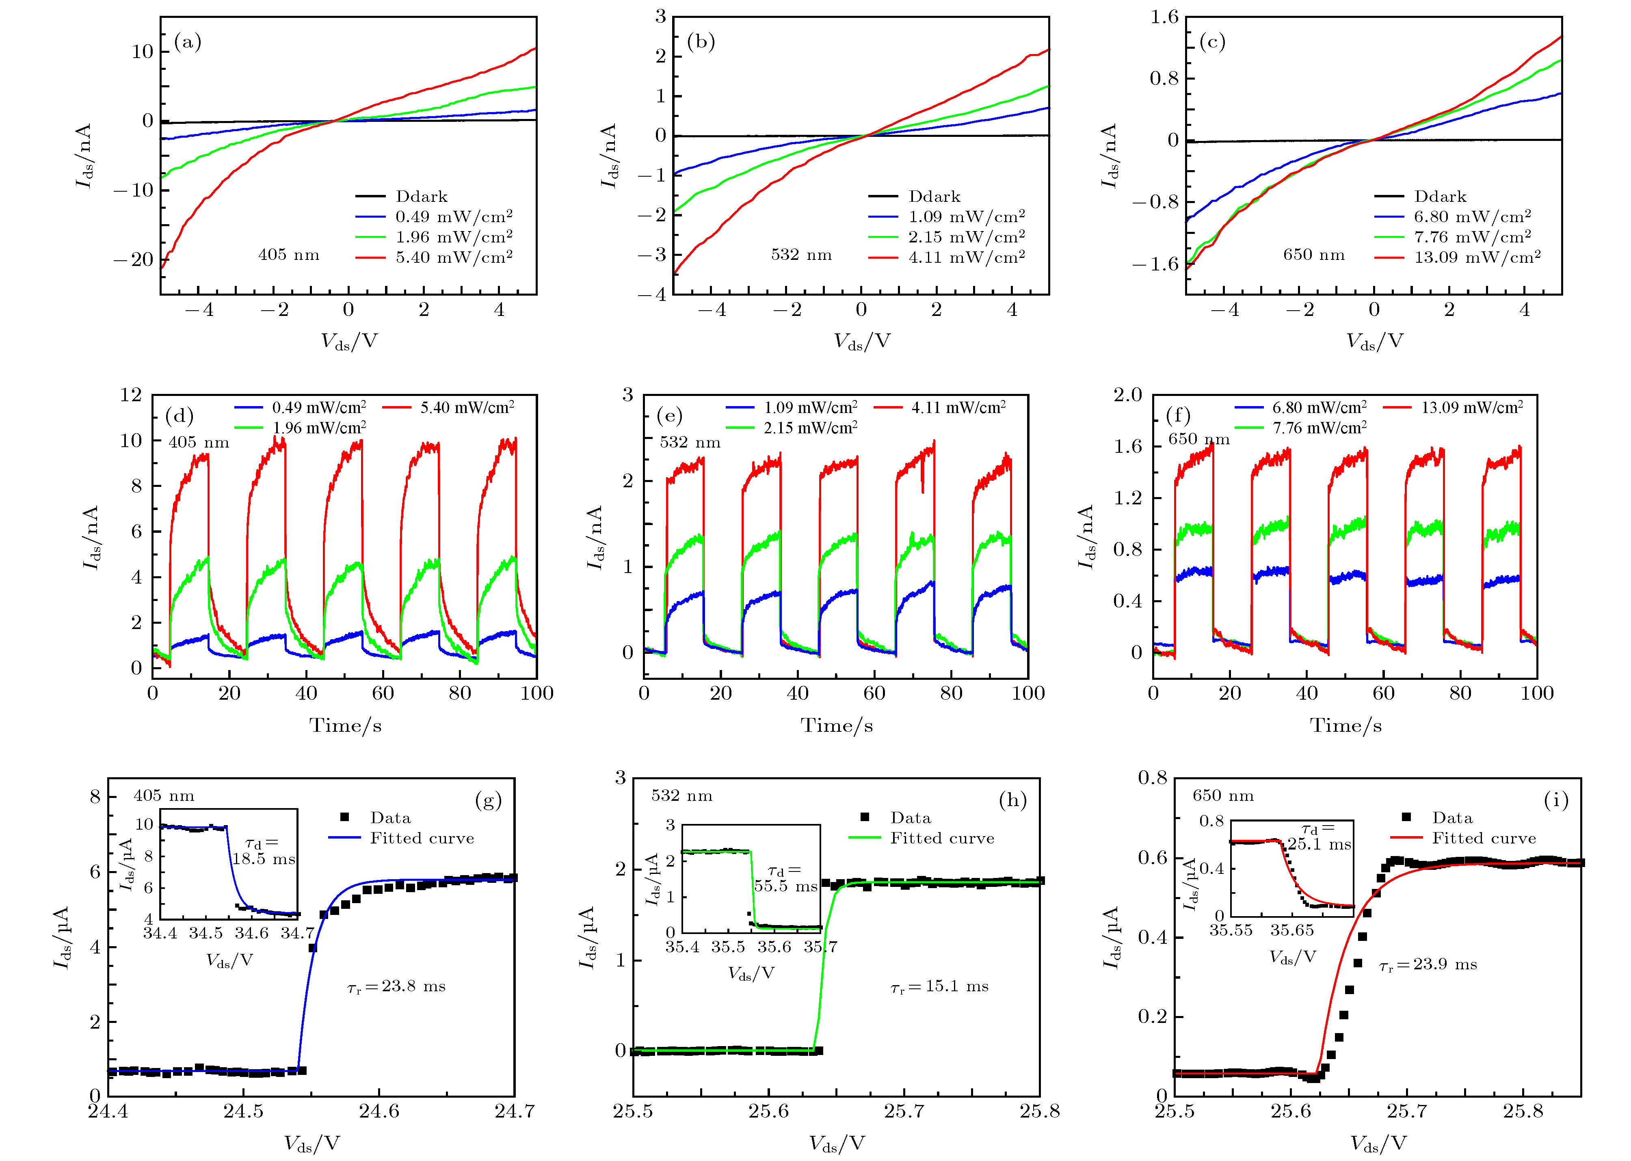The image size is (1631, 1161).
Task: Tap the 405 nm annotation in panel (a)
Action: [289, 255]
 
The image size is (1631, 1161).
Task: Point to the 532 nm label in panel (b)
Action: [802, 255]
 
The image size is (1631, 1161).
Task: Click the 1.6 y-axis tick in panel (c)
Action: [1164, 17]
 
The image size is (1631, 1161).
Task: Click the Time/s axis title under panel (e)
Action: [837, 726]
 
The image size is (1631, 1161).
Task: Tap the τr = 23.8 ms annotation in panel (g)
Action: [396, 986]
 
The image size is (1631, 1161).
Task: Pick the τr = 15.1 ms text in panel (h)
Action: [939, 986]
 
